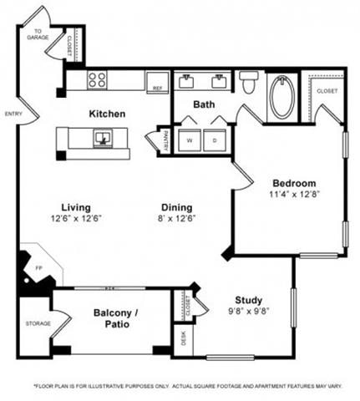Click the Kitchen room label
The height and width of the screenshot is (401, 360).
(x=108, y=113)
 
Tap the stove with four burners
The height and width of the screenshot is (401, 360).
(x=97, y=80)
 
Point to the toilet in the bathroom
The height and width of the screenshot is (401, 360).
(x=248, y=83)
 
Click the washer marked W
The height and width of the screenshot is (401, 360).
(x=189, y=140)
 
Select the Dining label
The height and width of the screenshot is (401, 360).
(x=177, y=207)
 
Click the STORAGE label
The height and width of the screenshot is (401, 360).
(x=37, y=322)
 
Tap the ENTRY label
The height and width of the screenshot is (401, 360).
(x=13, y=114)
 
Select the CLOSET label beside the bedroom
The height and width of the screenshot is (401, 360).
(x=327, y=90)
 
